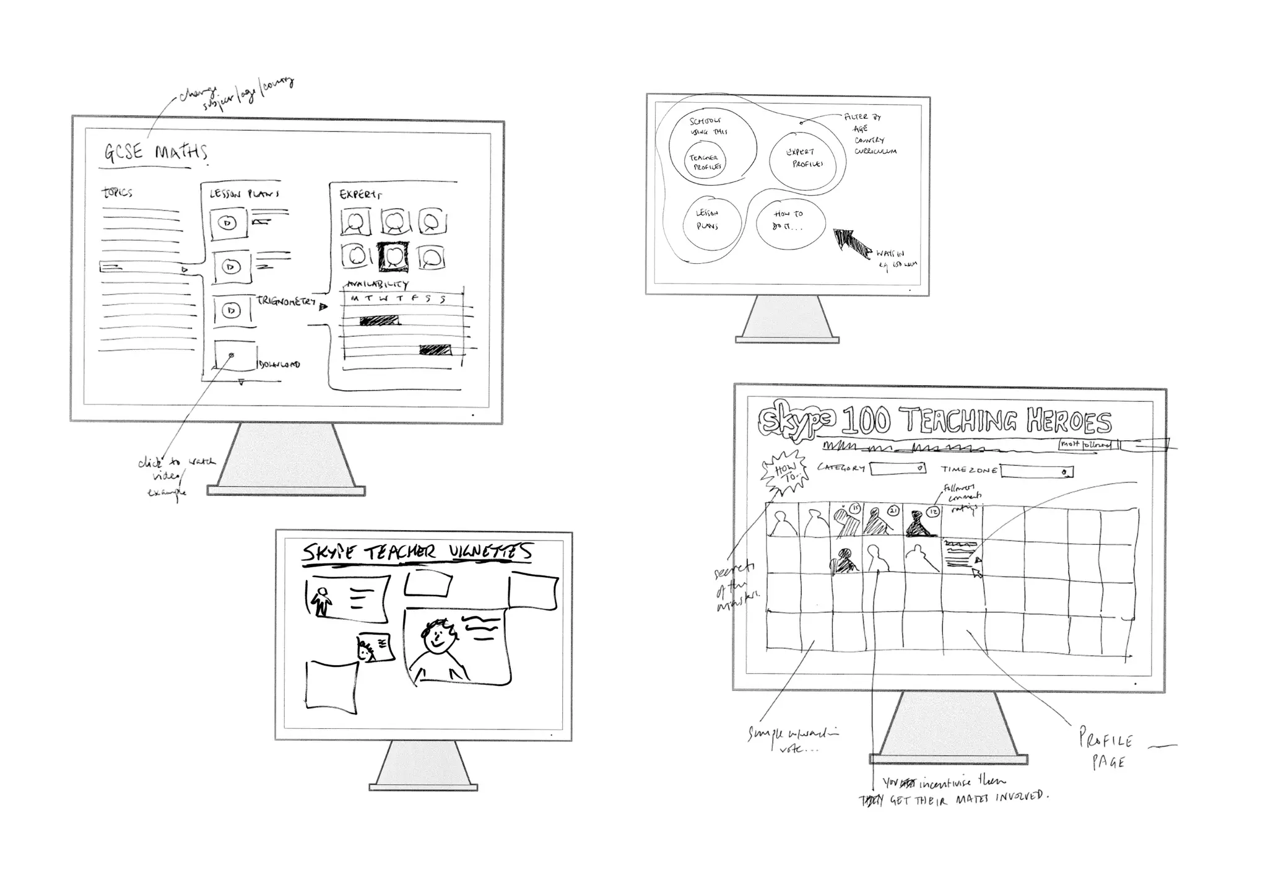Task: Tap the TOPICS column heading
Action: click(x=117, y=193)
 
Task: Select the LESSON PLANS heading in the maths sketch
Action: click(x=244, y=194)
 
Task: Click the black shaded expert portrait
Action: click(x=393, y=256)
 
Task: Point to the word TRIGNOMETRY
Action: click(x=286, y=302)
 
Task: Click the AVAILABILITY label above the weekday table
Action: click(x=377, y=285)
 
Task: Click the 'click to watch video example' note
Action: click(x=171, y=477)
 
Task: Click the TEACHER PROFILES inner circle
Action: click(x=706, y=162)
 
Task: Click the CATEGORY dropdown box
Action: click(x=898, y=468)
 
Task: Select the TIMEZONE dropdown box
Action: click(x=1037, y=472)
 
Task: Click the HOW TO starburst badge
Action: click(x=784, y=473)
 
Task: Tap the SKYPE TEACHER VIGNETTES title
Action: click(x=417, y=553)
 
